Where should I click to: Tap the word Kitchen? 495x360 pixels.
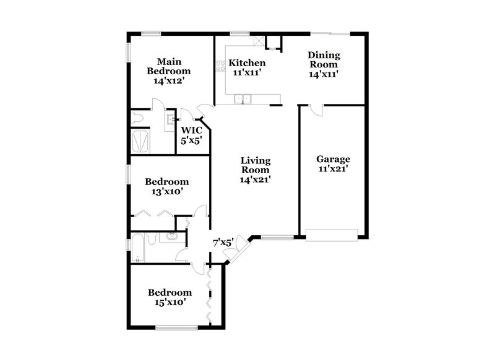pyautogui.click(x=247, y=63)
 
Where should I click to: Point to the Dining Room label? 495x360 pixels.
pyautogui.click(x=323, y=59)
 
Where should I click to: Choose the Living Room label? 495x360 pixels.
pyautogui.click(x=256, y=165)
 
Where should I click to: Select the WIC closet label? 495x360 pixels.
pyautogui.click(x=191, y=131)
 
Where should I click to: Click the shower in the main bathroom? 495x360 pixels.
pyautogui.click(x=142, y=140)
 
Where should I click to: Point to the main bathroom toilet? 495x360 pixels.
pyautogui.click(x=138, y=117)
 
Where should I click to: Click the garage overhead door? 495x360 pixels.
pyautogui.click(x=332, y=234)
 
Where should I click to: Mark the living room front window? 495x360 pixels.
pyautogui.click(x=276, y=236)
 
